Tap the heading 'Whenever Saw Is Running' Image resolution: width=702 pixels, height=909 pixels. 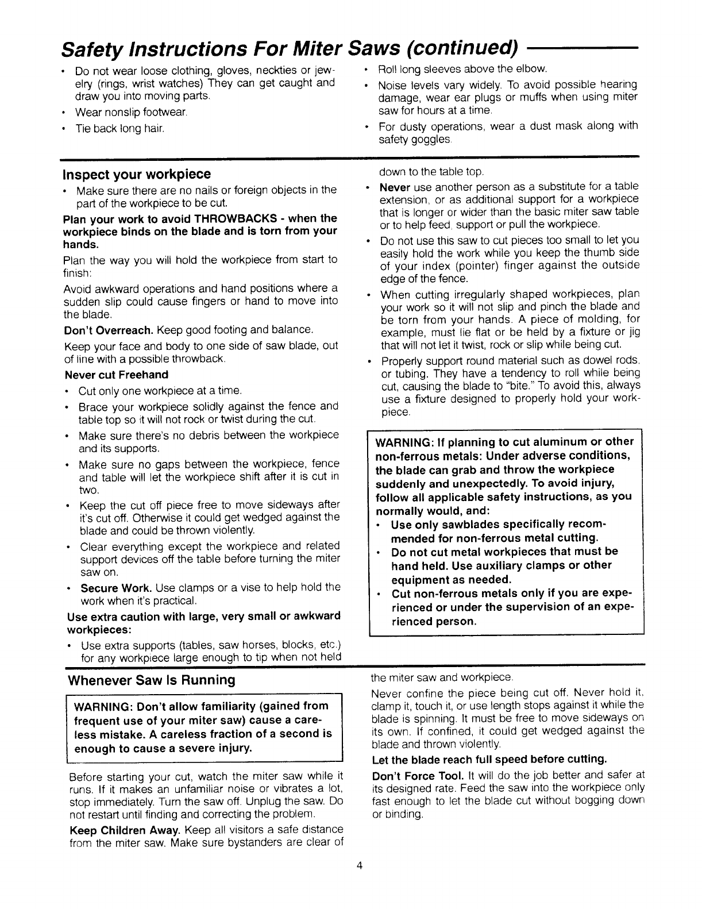[x=152, y=680]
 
